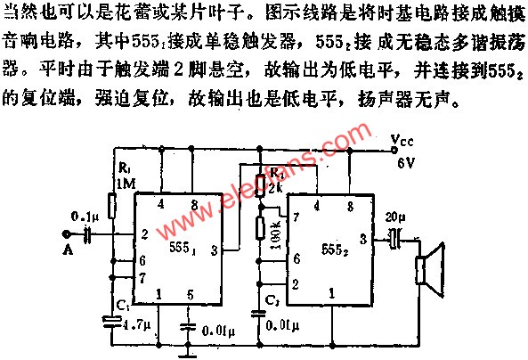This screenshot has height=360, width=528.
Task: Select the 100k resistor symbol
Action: pos(260,227)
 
